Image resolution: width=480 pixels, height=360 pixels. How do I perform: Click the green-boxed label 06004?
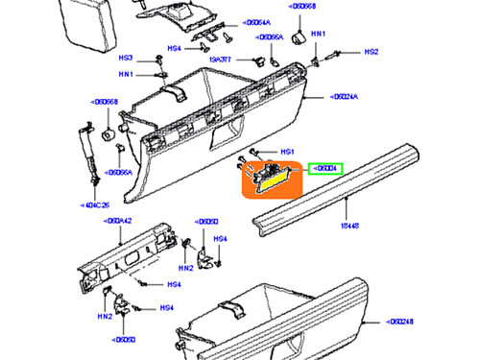click(x=326, y=170)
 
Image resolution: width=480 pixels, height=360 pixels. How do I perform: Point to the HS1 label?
click(x=286, y=152)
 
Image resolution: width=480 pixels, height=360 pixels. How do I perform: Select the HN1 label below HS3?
click(x=126, y=75)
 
